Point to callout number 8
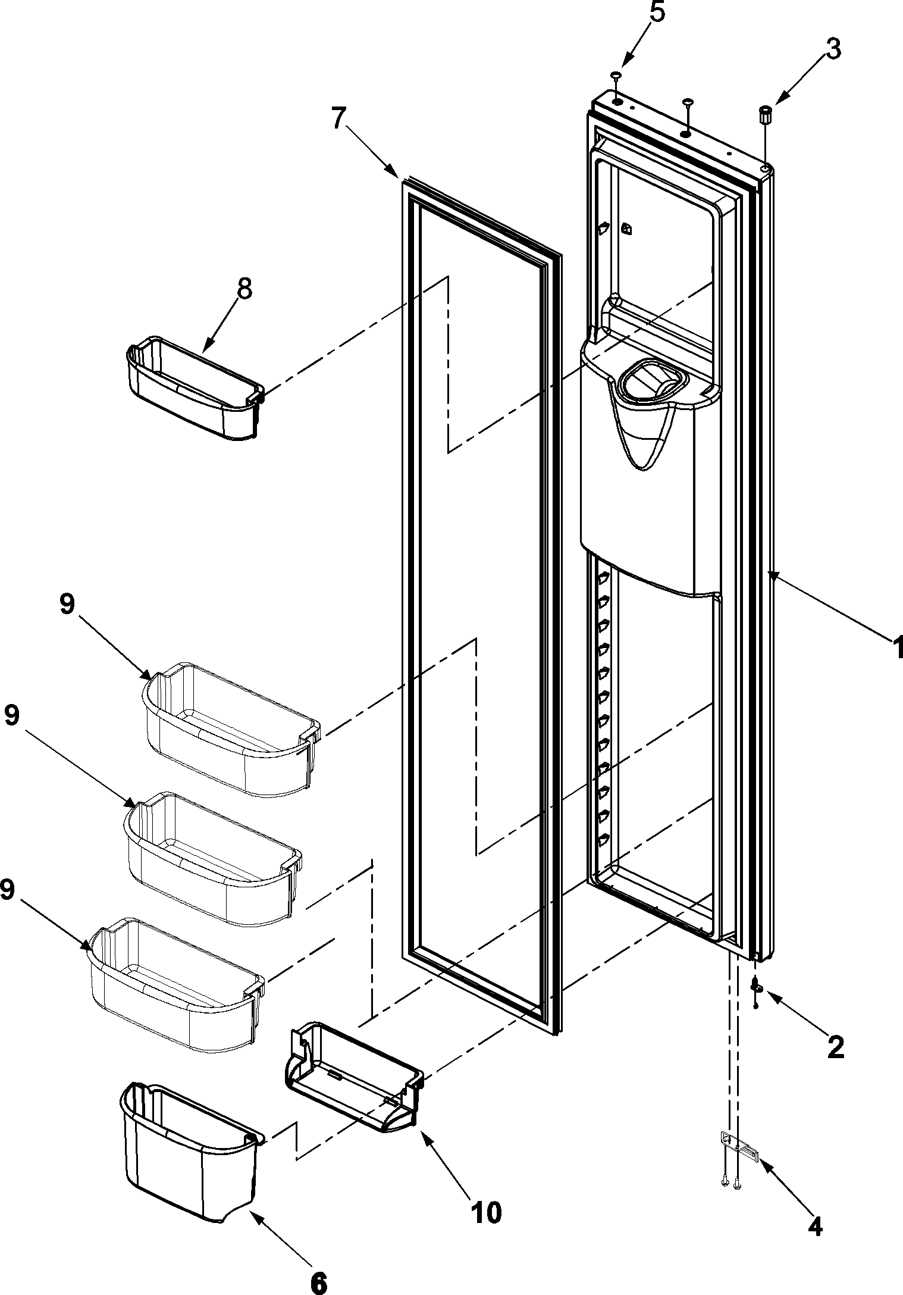244,290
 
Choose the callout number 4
814,1224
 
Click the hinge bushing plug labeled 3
765,114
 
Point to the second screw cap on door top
687,104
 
